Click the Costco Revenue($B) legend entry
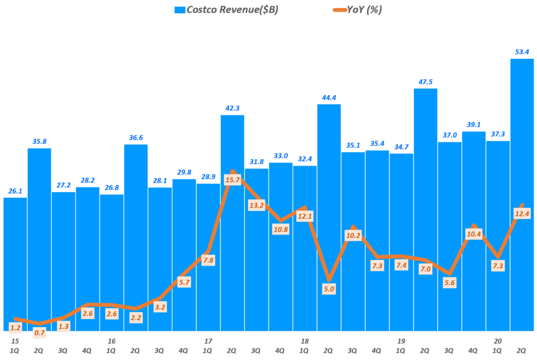coord(225,9)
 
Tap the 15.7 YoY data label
coord(232,179)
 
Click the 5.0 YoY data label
coord(329,288)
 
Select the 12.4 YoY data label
coord(521,213)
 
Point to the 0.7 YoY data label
coord(39,332)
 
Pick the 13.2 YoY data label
coord(256,205)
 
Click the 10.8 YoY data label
coord(280,229)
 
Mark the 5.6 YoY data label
coord(449,281)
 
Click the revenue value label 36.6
coord(136,137)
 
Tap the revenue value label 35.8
coord(39,141)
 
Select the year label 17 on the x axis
coord(208,341)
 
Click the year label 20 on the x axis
coord(498,341)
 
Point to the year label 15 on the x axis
coord(15,341)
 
